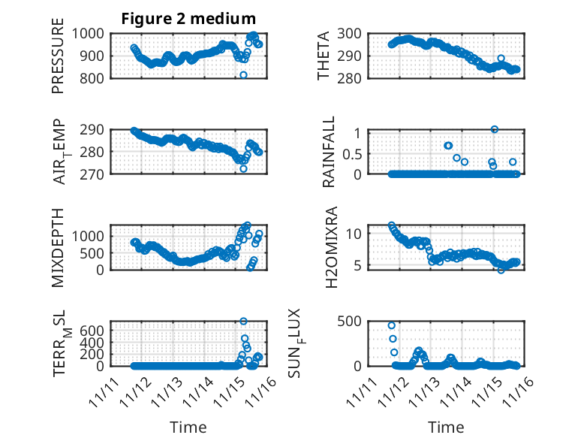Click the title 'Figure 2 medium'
point(188,19)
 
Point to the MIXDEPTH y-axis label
point(58,247)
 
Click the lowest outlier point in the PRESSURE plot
point(243,75)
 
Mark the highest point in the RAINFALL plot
point(495,129)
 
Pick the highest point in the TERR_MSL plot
point(243,322)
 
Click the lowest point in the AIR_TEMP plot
point(243,169)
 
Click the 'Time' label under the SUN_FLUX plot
point(446,427)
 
